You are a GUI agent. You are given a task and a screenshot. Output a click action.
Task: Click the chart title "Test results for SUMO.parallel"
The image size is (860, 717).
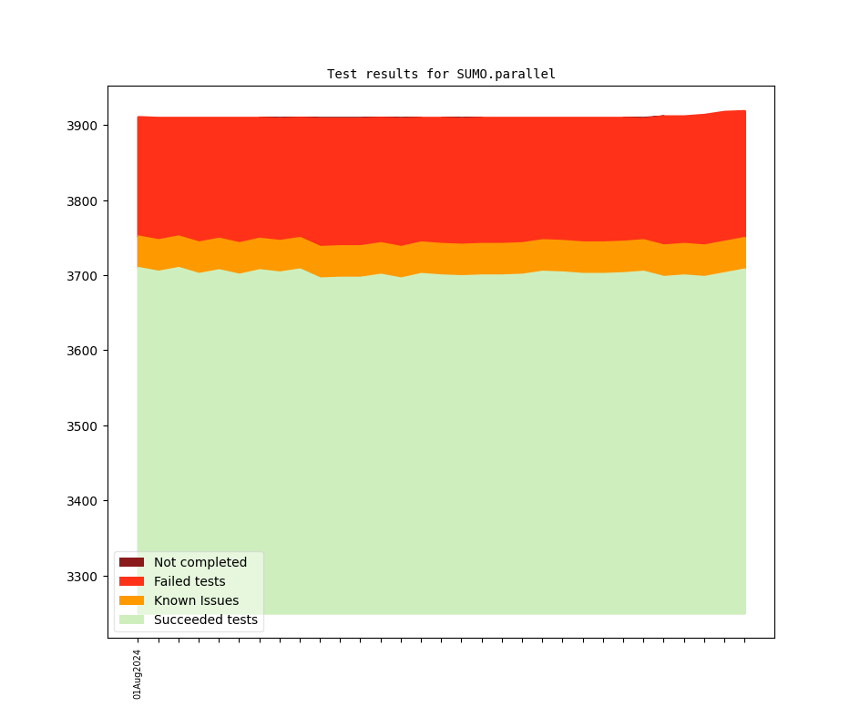(441, 74)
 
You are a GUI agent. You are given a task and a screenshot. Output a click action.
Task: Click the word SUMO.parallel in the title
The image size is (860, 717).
(506, 74)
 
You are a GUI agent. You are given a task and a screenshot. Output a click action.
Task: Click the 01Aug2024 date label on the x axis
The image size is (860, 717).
(138, 674)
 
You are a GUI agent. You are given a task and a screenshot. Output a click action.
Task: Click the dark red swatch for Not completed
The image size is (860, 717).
(131, 562)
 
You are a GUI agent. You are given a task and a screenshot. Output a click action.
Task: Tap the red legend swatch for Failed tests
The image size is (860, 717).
(131, 581)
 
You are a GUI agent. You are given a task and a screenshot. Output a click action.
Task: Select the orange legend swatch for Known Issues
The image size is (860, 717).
(131, 600)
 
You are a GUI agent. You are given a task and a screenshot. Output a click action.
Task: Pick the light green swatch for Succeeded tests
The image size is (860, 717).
(131, 620)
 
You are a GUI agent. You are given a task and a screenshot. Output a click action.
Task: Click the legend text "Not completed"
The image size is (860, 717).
(200, 562)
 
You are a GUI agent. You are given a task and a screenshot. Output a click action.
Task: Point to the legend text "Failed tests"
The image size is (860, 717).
(189, 581)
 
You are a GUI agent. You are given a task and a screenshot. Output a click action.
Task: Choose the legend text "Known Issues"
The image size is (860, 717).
(196, 600)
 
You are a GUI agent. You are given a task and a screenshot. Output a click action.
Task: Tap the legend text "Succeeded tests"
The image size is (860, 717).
(206, 620)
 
